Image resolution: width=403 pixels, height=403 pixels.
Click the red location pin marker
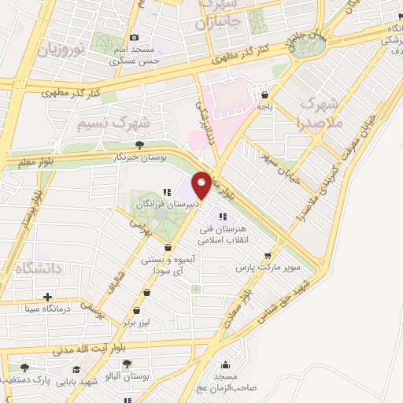point(202,185)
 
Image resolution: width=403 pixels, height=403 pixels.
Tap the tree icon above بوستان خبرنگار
point(139,145)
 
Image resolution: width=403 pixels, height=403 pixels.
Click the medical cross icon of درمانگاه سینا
point(48,297)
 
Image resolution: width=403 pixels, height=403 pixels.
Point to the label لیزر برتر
point(137,323)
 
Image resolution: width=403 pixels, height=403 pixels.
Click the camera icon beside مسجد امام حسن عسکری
point(134,37)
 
